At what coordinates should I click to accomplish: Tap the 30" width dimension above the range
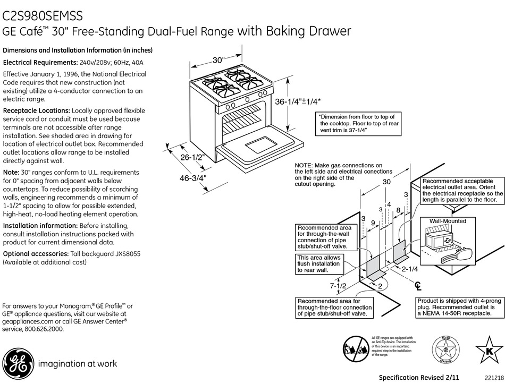tap(219, 61)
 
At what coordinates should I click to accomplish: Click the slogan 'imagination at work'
tap(77, 364)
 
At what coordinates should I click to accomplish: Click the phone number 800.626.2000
tap(45, 329)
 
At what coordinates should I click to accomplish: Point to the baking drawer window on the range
tap(262, 143)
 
